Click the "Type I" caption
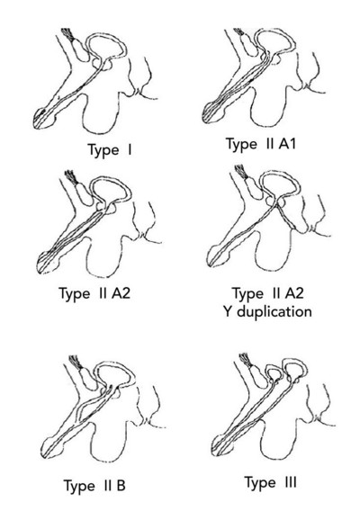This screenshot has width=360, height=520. click(110, 150)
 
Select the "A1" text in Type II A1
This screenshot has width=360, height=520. click(287, 144)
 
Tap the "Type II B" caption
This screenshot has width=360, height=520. click(94, 486)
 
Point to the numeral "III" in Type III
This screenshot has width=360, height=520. click(291, 482)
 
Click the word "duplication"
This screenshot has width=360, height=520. click(274, 312)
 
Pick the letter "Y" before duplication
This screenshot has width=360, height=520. click(228, 312)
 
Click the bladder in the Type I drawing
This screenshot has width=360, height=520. click(106, 46)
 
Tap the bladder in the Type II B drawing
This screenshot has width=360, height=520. click(115, 375)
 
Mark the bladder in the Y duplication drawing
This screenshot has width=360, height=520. click(280, 184)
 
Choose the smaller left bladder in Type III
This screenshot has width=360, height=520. click(274, 371)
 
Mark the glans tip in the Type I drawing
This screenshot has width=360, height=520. click(35, 124)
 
